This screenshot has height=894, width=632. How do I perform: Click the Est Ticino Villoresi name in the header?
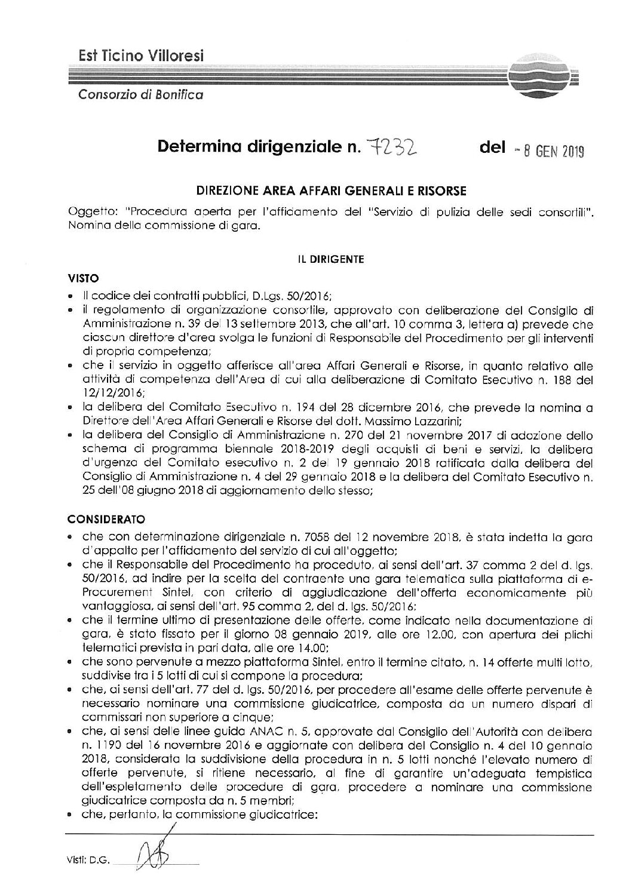coord(142,56)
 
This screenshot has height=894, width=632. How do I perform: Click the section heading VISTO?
coord(82,278)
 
